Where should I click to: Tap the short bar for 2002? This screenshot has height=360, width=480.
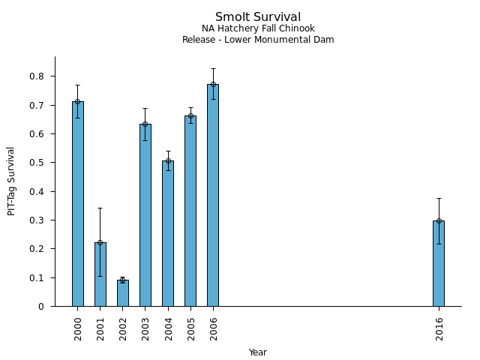[123, 293]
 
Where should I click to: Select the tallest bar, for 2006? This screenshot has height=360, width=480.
[213, 195]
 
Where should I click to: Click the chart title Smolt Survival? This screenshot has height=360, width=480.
[258, 17]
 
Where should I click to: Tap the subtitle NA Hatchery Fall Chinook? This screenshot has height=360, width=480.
[258, 28]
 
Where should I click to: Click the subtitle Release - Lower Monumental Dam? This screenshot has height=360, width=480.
[258, 40]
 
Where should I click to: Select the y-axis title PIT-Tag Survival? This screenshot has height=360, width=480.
[11, 181]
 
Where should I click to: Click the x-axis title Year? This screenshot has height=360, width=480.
[258, 352]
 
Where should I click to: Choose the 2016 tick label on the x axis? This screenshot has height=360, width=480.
[439, 328]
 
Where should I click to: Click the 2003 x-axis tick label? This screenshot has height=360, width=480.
[146, 328]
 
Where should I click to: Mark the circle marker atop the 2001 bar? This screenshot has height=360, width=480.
[100, 242]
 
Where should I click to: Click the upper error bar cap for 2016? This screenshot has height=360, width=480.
[439, 199]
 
